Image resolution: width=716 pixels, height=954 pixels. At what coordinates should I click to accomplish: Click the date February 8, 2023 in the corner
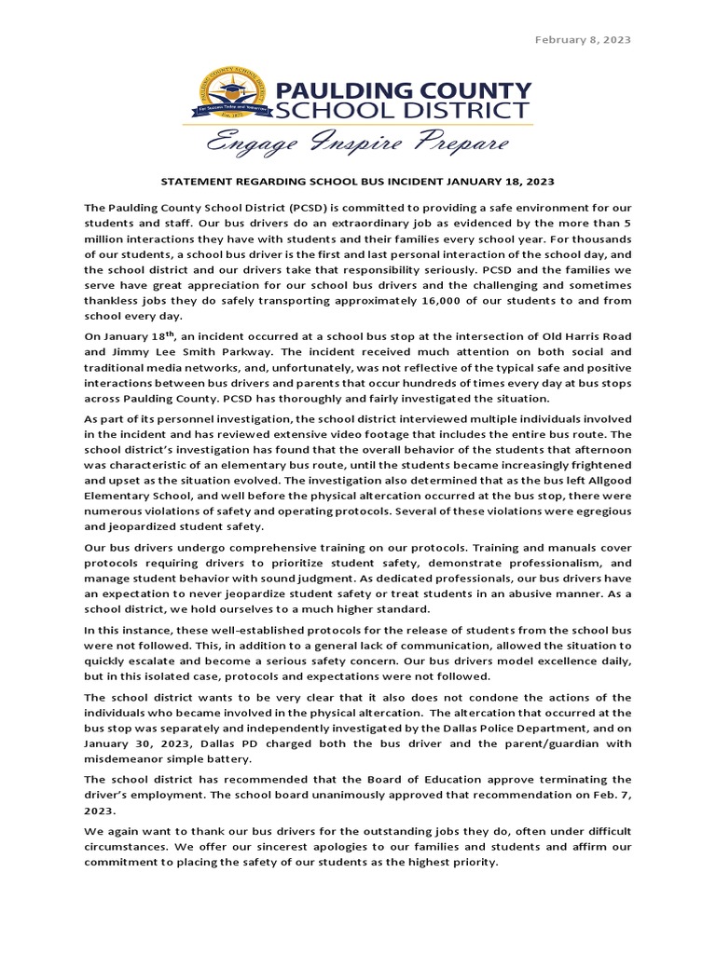[582, 39]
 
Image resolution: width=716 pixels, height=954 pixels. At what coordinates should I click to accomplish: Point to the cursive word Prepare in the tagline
[456, 144]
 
